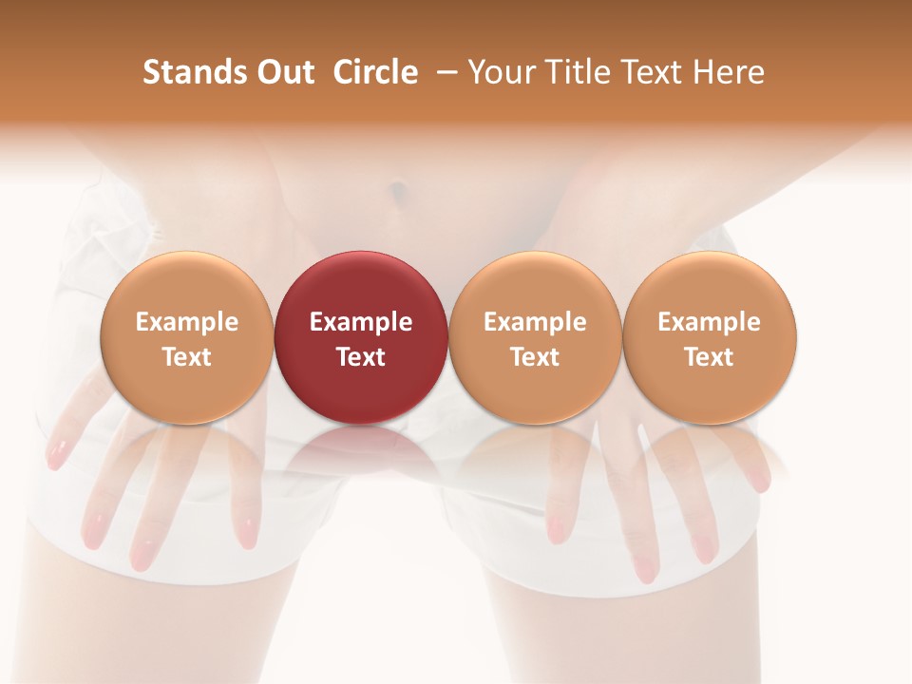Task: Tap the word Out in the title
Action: (x=283, y=72)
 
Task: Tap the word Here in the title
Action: (x=728, y=72)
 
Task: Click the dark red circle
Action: (x=361, y=337)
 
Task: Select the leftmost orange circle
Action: (x=186, y=337)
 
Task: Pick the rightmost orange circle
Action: (x=710, y=337)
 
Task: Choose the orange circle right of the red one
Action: (x=535, y=337)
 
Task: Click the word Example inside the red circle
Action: (x=361, y=322)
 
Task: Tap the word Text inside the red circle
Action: (x=361, y=357)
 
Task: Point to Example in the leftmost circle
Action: (x=186, y=322)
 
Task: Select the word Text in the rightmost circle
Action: (x=710, y=357)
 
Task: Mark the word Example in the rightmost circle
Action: (x=710, y=322)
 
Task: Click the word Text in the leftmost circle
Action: (x=186, y=357)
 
